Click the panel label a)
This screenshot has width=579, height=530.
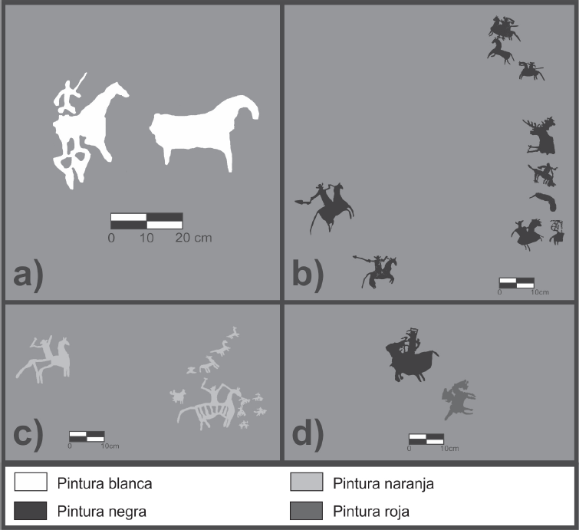[x=28, y=275]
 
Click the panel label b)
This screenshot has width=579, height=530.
[x=308, y=275]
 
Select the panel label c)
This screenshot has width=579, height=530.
[x=28, y=435]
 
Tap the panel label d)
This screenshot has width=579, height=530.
[x=308, y=435]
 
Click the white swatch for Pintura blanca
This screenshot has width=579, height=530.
[x=31, y=482]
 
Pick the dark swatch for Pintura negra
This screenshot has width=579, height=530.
[x=31, y=510]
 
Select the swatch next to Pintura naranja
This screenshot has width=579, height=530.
[x=307, y=482]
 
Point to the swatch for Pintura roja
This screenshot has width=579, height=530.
[x=307, y=510]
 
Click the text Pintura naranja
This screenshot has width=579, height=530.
[x=383, y=483]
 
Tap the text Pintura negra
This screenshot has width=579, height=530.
[x=102, y=512]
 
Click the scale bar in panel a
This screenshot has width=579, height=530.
[x=146, y=221]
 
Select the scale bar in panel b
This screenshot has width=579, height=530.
[x=517, y=283]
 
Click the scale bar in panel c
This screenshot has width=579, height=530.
[x=87, y=436]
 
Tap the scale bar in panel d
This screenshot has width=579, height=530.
[x=426, y=439]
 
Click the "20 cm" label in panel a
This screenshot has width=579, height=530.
[x=193, y=238]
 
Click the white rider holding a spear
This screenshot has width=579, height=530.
[x=67, y=96]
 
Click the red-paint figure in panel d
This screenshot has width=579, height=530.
[x=459, y=399]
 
